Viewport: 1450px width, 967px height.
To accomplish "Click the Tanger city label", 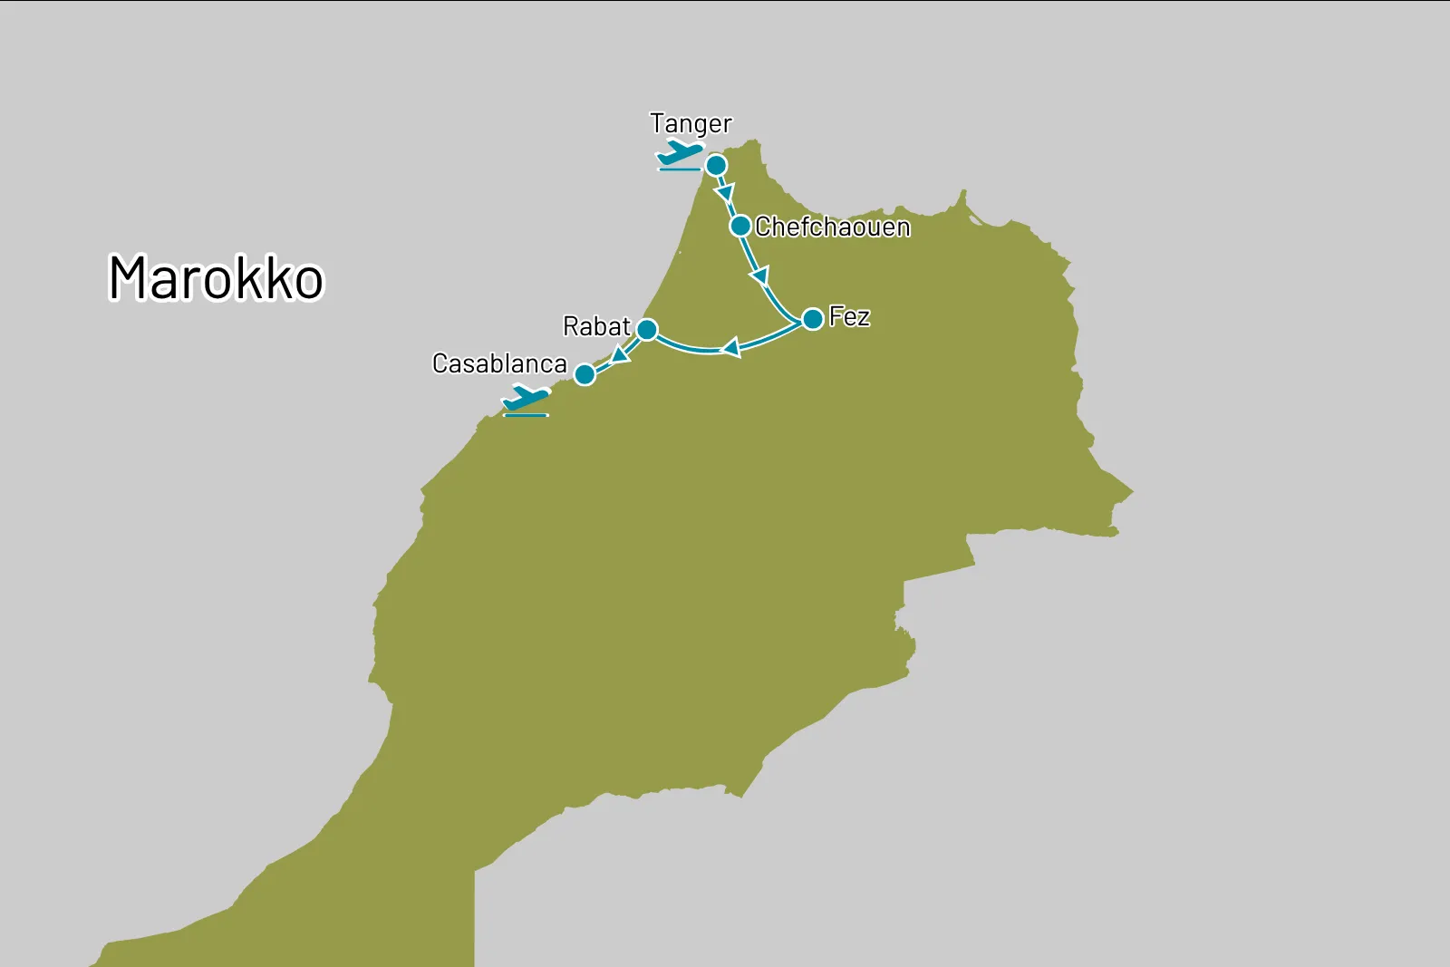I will coord(691,124).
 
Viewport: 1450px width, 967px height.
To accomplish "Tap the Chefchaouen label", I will coord(832,227).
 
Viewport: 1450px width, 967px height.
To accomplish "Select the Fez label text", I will coord(849,317).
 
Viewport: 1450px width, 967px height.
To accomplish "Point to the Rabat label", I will coord(595,326).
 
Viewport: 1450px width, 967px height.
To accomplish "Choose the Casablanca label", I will coord(499,363).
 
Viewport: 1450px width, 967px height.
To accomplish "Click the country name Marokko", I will coord(216,277).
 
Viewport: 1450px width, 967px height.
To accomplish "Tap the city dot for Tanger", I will coord(716,165).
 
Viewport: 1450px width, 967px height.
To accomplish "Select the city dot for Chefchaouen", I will coord(740,226).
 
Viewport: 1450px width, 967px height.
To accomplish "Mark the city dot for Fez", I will coord(813,318).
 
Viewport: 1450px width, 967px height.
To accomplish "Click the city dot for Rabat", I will coord(646,329).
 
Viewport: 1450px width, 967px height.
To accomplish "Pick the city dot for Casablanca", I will coord(585,374).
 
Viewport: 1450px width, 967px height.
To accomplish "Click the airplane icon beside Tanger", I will coord(680,155).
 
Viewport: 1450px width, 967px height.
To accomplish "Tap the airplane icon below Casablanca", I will coord(526,400).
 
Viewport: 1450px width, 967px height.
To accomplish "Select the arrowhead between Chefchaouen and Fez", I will coord(760,275).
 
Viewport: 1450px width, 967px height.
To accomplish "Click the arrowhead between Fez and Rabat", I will coord(731,348).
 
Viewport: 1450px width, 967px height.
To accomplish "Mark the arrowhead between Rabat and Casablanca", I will coord(621,354).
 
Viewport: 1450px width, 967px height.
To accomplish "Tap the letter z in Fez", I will coord(863,318).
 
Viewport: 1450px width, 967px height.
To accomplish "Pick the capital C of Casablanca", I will coord(440,363).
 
